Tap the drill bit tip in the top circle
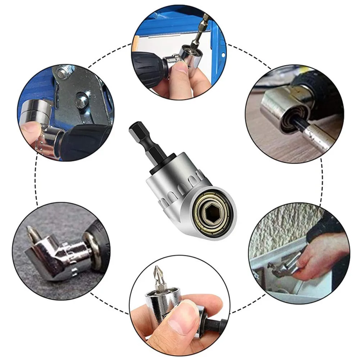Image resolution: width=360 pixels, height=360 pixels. tap(205, 18)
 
